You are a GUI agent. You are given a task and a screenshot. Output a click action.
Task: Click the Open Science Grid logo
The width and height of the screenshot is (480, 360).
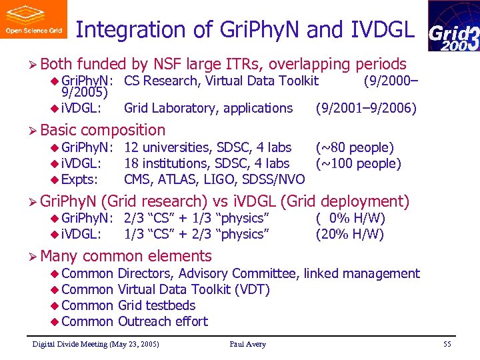click(x=33, y=19)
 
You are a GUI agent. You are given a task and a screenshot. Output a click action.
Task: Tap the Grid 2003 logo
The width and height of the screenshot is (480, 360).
click(x=453, y=27)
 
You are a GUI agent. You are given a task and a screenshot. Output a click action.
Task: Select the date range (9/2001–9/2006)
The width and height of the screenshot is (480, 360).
click(x=366, y=108)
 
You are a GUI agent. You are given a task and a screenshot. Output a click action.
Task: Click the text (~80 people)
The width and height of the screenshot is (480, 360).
click(x=355, y=147)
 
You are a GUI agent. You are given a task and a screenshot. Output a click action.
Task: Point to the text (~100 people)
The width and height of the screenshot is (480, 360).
click(x=358, y=163)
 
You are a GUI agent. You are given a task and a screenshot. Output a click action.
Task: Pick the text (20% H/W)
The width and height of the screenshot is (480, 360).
click(x=350, y=234)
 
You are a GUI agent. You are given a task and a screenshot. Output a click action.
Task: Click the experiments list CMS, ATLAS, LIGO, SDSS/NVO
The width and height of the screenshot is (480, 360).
click(x=214, y=179)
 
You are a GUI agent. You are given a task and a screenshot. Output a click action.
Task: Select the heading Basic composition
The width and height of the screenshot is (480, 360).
click(x=103, y=130)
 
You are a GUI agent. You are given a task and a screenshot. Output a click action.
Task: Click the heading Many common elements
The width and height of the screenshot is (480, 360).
click(x=125, y=256)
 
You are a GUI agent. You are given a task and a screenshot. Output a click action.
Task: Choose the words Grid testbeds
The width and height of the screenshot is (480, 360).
click(x=157, y=305)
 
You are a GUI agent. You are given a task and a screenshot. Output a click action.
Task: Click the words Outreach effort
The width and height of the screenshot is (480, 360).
click(x=163, y=321)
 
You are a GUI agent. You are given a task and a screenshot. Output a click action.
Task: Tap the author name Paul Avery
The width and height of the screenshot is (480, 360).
click(x=247, y=345)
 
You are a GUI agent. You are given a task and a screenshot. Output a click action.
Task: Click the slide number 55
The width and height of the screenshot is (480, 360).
click(x=447, y=345)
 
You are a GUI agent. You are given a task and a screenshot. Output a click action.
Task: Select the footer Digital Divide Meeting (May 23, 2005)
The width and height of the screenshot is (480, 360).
click(x=96, y=345)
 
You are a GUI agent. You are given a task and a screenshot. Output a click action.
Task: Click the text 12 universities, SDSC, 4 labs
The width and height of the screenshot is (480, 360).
click(x=207, y=147)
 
